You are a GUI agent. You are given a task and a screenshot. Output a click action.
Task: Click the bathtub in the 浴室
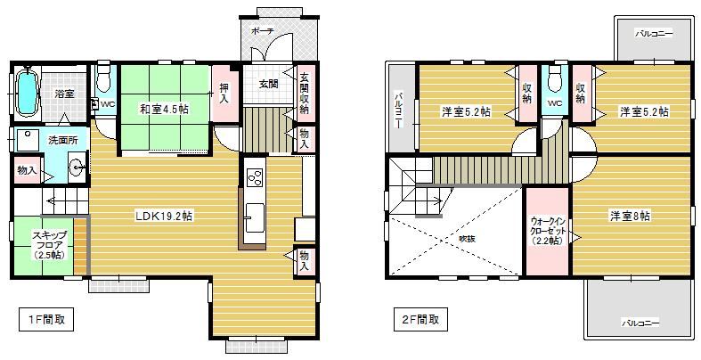pos(27,93)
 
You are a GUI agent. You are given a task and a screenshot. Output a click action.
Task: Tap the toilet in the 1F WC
pos(103,78)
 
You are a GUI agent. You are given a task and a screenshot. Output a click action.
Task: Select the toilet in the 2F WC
pos(554,78)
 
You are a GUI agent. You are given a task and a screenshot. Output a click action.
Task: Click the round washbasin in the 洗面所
pos(78,168)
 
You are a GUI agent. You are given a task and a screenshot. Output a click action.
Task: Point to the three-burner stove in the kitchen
pos(256,177)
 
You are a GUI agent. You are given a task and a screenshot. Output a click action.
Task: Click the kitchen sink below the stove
pos(256,217)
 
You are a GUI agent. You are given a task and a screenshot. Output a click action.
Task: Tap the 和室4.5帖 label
pos(164,109)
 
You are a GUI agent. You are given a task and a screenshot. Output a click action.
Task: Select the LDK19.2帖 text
pos(165,217)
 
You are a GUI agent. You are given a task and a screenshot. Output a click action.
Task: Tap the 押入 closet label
pos(224,94)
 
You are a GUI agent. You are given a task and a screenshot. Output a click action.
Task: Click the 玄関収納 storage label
pos(305,93)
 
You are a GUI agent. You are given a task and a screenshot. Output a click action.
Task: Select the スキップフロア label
pos(49,245)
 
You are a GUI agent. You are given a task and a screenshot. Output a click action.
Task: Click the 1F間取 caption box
pos(46,319)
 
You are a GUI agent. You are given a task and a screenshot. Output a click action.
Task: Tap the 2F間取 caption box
pos(420,319)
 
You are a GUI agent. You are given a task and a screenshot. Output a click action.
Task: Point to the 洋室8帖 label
pos(631,217)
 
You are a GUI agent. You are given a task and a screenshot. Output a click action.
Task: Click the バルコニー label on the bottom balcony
pos(640,323)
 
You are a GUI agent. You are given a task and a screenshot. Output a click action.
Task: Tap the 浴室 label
pos(64,94)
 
